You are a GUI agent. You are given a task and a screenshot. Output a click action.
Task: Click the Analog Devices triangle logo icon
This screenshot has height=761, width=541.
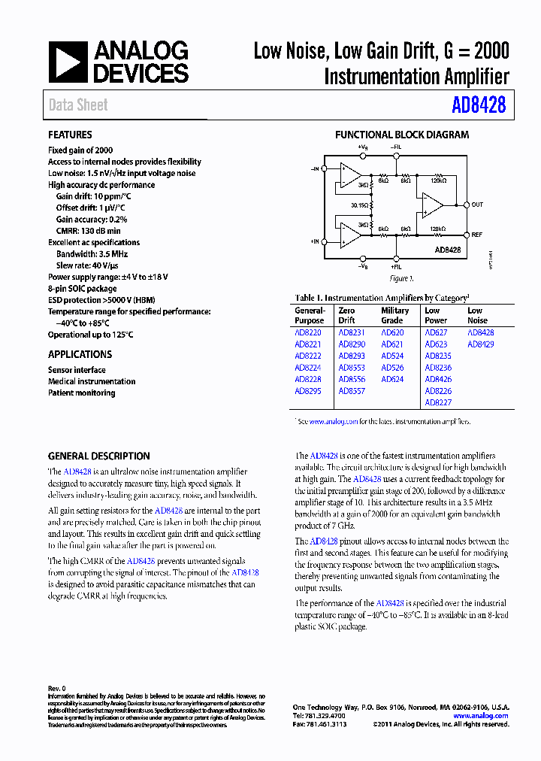click(67, 62)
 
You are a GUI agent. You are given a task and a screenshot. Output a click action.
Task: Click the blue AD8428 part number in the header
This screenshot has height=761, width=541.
click(479, 105)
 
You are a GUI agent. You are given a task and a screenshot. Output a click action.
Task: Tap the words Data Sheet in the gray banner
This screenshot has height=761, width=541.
click(78, 105)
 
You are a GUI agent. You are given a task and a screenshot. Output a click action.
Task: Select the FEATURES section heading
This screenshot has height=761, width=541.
click(70, 135)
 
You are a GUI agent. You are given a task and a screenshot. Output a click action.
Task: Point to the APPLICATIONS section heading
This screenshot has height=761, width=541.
click(80, 354)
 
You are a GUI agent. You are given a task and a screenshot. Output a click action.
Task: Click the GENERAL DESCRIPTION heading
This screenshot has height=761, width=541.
click(98, 456)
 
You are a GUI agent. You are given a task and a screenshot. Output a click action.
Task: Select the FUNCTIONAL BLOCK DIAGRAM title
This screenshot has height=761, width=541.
click(401, 135)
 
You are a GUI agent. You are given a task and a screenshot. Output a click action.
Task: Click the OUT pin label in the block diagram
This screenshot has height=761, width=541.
click(477, 205)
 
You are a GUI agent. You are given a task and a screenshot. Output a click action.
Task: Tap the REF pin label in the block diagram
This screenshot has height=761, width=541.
click(477, 235)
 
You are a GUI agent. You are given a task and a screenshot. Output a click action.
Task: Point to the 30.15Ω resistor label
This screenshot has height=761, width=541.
click(359, 205)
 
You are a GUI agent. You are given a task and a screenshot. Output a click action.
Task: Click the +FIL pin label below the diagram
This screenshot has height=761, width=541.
click(396, 267)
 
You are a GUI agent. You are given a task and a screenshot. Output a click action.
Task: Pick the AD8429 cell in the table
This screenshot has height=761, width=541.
click(481, 344)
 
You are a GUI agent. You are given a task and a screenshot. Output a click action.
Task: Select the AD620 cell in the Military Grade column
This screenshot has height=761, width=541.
click(392, 332)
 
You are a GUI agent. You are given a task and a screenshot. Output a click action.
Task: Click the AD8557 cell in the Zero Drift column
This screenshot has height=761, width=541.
click(351, 391)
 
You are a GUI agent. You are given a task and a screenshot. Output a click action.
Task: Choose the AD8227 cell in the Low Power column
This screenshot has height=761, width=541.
click(438, 402)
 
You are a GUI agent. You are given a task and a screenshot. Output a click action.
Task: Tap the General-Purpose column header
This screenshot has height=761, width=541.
click(310, 315)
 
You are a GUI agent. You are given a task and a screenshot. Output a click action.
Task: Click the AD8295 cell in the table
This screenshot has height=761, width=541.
click(307, 391)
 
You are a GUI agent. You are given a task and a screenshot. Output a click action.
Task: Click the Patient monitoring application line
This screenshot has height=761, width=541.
click(81, 393)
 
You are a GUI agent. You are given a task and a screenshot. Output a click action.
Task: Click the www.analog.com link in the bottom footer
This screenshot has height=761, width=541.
click(481, 716)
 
